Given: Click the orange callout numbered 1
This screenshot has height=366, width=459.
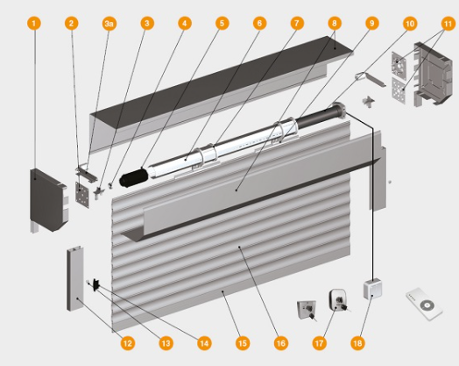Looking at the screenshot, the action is coord(34,23).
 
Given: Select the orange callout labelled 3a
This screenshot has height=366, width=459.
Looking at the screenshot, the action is coord(109,23).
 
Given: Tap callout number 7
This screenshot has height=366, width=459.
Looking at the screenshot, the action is coord(297,23).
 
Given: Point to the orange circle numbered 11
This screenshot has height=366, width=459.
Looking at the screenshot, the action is coord(448,23).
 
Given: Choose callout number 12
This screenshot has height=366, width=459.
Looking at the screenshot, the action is coord(128,343).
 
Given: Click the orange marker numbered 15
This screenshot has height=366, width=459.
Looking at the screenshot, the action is coord(243,343).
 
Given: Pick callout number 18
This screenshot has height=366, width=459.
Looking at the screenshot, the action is coord(357,343).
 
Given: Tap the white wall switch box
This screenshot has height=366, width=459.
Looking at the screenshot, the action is coord(372,289).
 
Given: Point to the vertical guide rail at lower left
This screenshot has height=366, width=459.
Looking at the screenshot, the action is coord(75,278).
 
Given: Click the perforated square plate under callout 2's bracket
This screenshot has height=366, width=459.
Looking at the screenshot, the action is coord(82,195).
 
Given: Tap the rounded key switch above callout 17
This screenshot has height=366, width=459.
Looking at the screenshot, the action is coord(338,299).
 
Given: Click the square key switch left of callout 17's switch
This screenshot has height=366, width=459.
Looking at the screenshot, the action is coord(307,311).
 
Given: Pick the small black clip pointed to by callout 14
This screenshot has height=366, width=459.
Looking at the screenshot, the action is coord(96,284).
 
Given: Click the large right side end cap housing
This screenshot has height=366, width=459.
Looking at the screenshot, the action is coord(433,74).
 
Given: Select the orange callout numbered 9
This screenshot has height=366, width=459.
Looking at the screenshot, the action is coord(371,23).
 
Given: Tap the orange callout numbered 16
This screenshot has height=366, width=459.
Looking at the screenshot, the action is coord(280,343).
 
